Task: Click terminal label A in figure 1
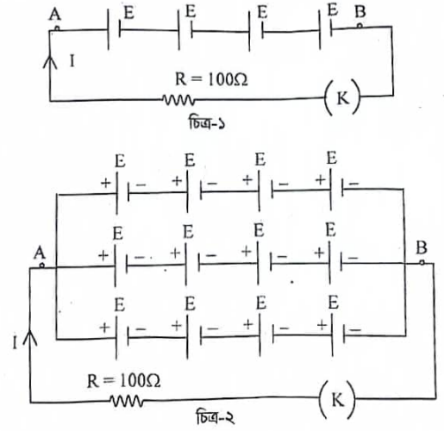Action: click(55, 15)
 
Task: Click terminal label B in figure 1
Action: click(360, 12)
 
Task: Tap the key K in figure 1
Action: click(342, 97)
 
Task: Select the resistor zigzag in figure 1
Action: click(178, 100)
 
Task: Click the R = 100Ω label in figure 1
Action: click(211, 79)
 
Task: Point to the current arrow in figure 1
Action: click(50, 62)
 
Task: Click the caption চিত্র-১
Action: click(207, 122)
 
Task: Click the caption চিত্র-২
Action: click(216, 417)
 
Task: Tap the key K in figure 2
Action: click(337, 399)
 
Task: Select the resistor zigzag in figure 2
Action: click(126, 401)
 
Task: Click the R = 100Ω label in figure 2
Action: click(123, 381)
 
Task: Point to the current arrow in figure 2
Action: click(30, 338)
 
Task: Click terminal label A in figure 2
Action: click(40, 253)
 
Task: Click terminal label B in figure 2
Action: click(422, 247)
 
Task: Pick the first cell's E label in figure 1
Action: click(128, 13)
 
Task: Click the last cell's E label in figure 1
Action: click(333, 10)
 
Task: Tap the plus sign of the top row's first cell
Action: click(105, 183)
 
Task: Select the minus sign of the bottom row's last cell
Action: click(355, 330)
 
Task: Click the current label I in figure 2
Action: click(15, 342)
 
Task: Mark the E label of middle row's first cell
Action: click(118, 233)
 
